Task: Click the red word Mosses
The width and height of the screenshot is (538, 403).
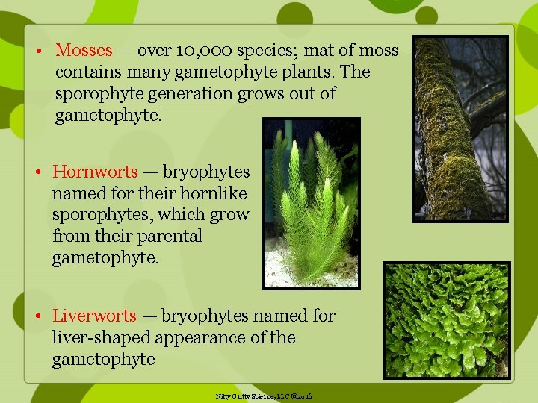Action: [84, 51]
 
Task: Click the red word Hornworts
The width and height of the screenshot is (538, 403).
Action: [95, 172]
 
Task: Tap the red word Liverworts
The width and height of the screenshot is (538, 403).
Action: [94, 316]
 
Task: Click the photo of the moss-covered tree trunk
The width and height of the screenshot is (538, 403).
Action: [460, 128]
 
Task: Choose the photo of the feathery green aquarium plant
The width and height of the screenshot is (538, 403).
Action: [311, 203]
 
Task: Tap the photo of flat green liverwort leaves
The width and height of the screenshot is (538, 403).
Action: [446, 319]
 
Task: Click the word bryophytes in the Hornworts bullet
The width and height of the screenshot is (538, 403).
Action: [206, 172]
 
